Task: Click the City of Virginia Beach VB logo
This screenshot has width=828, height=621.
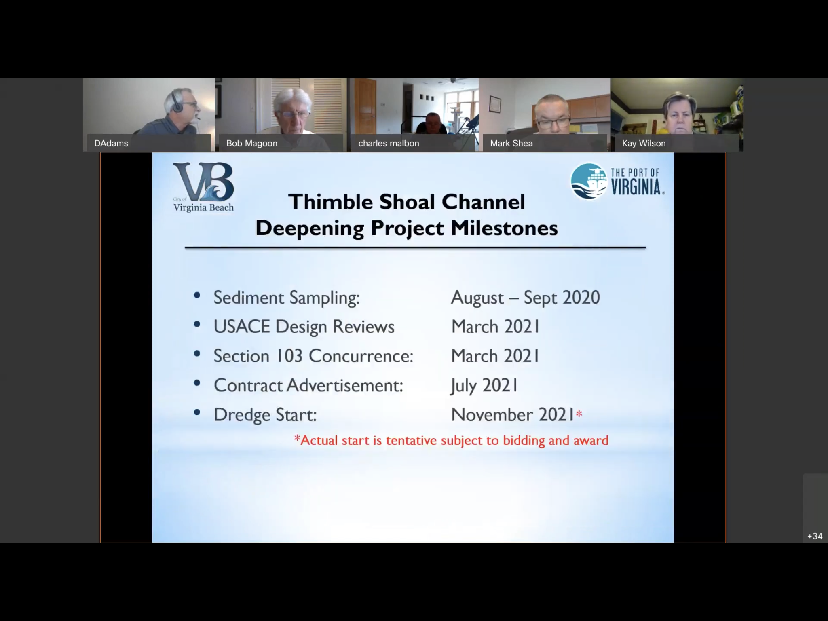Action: [204, 187]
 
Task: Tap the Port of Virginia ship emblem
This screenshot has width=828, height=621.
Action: [589, 181]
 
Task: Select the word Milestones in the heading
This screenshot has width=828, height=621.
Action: [504, 228]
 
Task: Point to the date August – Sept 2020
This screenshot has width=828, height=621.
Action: [525, 298]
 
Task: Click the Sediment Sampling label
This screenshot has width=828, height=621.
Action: [287, 298]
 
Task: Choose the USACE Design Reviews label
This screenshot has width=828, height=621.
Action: [304, 327]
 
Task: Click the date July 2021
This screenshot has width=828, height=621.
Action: [484, 385]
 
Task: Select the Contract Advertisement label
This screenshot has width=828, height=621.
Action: [308, 385]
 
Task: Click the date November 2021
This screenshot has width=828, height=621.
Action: [513, 414]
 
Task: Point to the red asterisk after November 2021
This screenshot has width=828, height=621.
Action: [579, 413]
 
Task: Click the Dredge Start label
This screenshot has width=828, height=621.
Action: [265, 415]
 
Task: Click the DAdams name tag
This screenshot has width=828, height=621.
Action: [111, 143]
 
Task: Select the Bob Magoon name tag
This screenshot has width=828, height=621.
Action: [252, 143]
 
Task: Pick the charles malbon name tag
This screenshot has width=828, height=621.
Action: [389, 143]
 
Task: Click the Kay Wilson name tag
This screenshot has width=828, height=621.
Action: [644, 143]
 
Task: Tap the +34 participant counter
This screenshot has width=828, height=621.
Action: [815, 536]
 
